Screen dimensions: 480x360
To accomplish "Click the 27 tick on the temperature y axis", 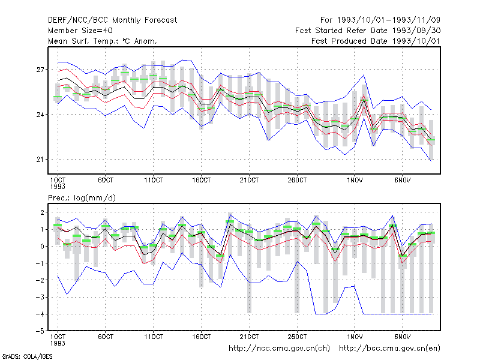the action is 40,70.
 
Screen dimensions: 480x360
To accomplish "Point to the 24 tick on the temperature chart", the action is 40,115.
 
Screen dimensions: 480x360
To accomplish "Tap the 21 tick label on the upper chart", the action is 40,160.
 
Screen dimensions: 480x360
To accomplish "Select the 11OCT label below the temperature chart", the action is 154,181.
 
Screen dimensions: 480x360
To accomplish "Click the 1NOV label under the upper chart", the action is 355,181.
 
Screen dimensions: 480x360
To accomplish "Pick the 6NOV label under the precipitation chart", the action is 403,337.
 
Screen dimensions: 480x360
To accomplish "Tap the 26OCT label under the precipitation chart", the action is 297,337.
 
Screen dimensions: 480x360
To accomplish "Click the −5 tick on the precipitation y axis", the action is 40,331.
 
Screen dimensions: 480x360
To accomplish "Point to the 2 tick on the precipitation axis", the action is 42,212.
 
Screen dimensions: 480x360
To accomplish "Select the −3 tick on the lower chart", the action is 40,297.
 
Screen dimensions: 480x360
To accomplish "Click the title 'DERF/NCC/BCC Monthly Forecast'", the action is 112,20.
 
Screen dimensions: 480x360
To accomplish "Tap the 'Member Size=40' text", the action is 80,31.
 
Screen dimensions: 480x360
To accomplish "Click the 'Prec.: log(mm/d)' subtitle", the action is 82,198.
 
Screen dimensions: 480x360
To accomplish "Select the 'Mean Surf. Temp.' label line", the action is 103,41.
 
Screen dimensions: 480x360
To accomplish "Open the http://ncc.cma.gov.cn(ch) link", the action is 279,349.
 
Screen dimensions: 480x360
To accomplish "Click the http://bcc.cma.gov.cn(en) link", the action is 389,349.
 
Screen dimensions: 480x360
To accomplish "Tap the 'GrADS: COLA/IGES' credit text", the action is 27,356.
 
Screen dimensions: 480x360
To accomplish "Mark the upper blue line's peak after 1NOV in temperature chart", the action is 364,74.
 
